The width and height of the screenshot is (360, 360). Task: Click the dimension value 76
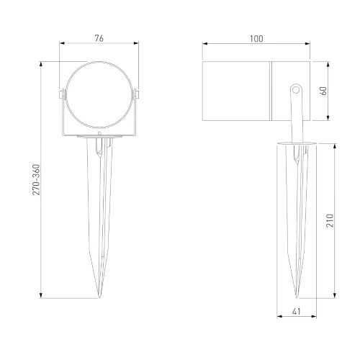click(99, 38)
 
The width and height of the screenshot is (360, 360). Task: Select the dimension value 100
click(256, 39)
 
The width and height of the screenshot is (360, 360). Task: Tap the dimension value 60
click(324, 91)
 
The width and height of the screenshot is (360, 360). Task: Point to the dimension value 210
click(330, 220)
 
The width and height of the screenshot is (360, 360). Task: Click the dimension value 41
click(297, 312)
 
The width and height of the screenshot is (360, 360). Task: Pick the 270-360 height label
click(36, 179)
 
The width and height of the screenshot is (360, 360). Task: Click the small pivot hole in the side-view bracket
click(296, 90)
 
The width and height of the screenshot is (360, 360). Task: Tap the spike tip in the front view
click(99, 297)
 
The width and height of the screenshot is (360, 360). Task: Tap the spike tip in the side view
click(297, 297)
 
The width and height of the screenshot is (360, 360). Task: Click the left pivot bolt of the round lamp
click(62, 94)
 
